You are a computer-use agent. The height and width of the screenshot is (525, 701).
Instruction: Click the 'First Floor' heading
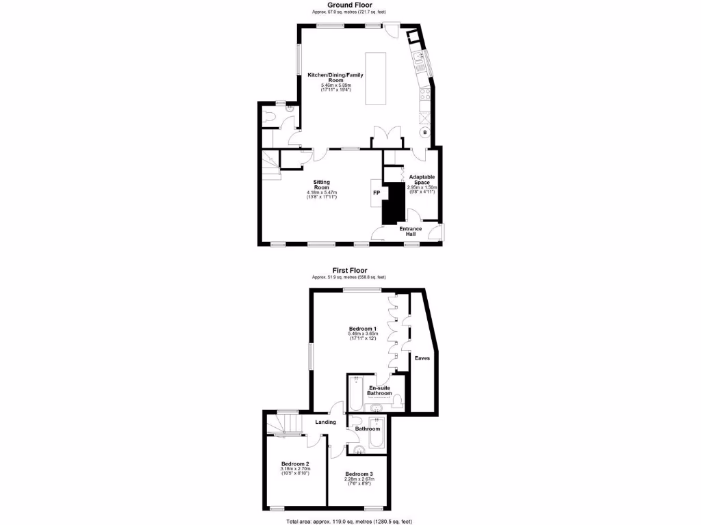(x=349, y=270)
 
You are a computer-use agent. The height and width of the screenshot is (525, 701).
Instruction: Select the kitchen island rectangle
(x=375, y=78)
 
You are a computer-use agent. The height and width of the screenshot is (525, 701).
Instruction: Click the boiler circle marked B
(x=424, y=132)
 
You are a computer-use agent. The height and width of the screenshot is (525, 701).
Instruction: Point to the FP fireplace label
(x=376, y=193)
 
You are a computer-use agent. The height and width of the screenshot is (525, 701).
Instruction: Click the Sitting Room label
(x=322, y=185)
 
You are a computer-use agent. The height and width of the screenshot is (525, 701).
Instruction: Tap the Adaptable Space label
(x=422, y=179)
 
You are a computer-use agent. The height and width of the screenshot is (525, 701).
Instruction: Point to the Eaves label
(x=421, y=358)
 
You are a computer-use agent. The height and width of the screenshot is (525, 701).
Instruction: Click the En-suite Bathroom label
(x=379, y=390)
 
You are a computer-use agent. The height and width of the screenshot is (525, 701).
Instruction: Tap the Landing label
(x=325, y=422)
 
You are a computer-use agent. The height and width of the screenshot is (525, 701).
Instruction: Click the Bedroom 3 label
(x=359, y=474)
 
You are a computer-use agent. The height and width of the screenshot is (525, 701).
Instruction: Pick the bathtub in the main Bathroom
(x=377, y=433)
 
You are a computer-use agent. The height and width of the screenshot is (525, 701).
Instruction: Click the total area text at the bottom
(x=349, y=521)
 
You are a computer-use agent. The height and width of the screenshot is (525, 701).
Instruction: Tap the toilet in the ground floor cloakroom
(x=269, y=117)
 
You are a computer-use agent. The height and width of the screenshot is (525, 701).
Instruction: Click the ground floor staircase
(x=270, y=164)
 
